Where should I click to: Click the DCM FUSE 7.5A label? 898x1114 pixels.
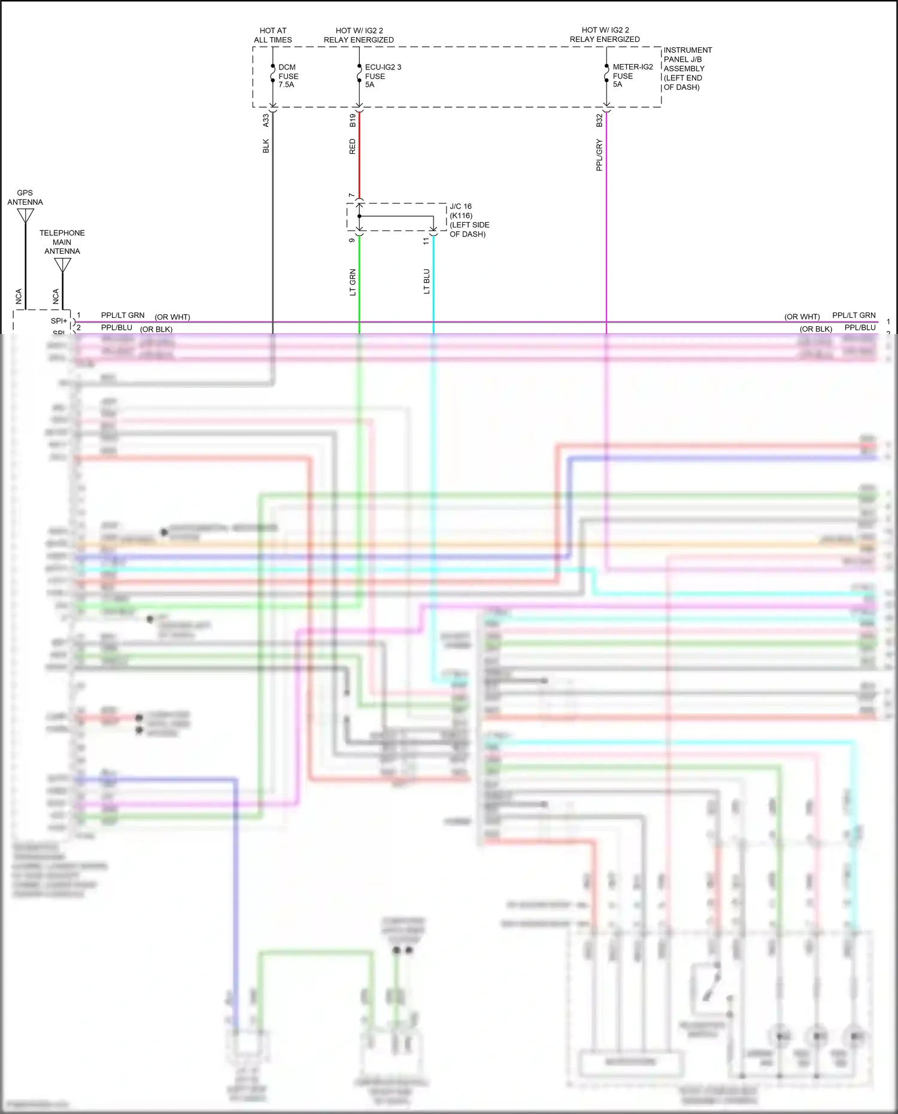[288, 76]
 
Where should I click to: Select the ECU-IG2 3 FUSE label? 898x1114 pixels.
[383, 76]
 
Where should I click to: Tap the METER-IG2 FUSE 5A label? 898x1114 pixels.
[632, 75]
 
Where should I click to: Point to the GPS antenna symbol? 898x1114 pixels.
[25, 215]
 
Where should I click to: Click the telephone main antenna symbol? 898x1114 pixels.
[62, 265]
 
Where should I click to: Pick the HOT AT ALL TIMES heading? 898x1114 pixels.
[273, 35]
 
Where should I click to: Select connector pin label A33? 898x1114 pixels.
[266, 120]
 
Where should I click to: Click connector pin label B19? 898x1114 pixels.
[353, 120]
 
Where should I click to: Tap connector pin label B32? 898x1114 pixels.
[599, 120]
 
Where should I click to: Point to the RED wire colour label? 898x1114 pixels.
[352, 147]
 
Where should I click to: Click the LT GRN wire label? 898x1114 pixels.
[353, 283]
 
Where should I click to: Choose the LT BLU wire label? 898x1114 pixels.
[426, 281]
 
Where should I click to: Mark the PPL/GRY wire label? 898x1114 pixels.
[599, 155]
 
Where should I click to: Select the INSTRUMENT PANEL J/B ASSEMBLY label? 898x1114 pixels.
[687, 68]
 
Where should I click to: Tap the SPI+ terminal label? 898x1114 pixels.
[59, 321]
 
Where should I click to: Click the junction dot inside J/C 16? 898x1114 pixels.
[359, 216]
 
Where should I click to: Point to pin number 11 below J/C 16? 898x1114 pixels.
[426, 241]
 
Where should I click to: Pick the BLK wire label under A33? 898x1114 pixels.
[266, 146]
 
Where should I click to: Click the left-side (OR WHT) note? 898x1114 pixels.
[172, 317]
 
